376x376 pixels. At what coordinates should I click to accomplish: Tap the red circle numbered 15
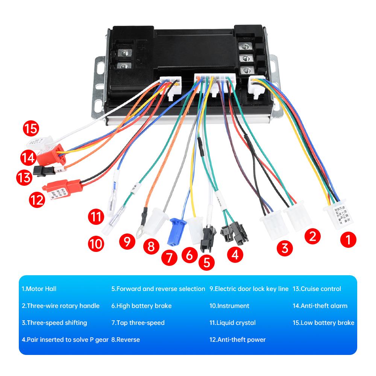point(31,129)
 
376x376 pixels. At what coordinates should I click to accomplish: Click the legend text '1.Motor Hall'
point(39,289)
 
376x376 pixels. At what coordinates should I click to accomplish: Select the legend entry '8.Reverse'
point(126,340)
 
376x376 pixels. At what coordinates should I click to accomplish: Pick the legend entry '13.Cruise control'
point(317,289)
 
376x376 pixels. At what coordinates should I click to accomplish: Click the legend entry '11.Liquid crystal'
point(232,323)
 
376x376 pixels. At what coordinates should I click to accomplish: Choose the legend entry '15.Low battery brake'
point(323,323)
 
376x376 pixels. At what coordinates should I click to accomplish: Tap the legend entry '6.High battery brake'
point(141,306)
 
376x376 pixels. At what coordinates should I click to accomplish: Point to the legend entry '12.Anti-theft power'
point(237,340)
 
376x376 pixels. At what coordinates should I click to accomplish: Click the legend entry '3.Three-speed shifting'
point(54,323)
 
